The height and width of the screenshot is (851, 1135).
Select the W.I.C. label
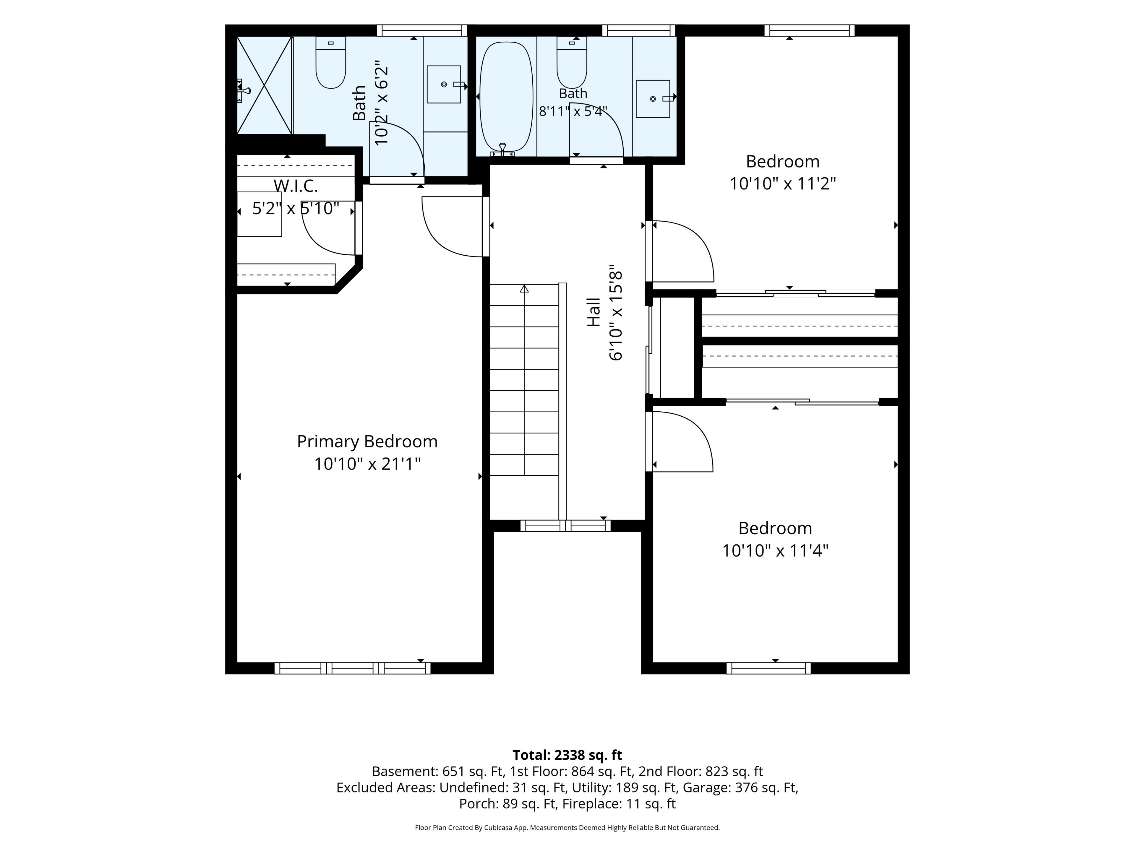coord(296,186)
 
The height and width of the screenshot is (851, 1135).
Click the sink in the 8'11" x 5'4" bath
coord(653,98)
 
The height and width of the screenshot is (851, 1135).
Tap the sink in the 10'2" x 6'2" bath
coord(444,84)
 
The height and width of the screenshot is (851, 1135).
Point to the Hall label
coord(594,312)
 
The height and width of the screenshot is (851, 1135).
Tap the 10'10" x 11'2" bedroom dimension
coord(782,183)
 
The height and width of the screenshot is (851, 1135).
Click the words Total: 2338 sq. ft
coord(567,755)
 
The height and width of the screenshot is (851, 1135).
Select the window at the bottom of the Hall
coord(565,525)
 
